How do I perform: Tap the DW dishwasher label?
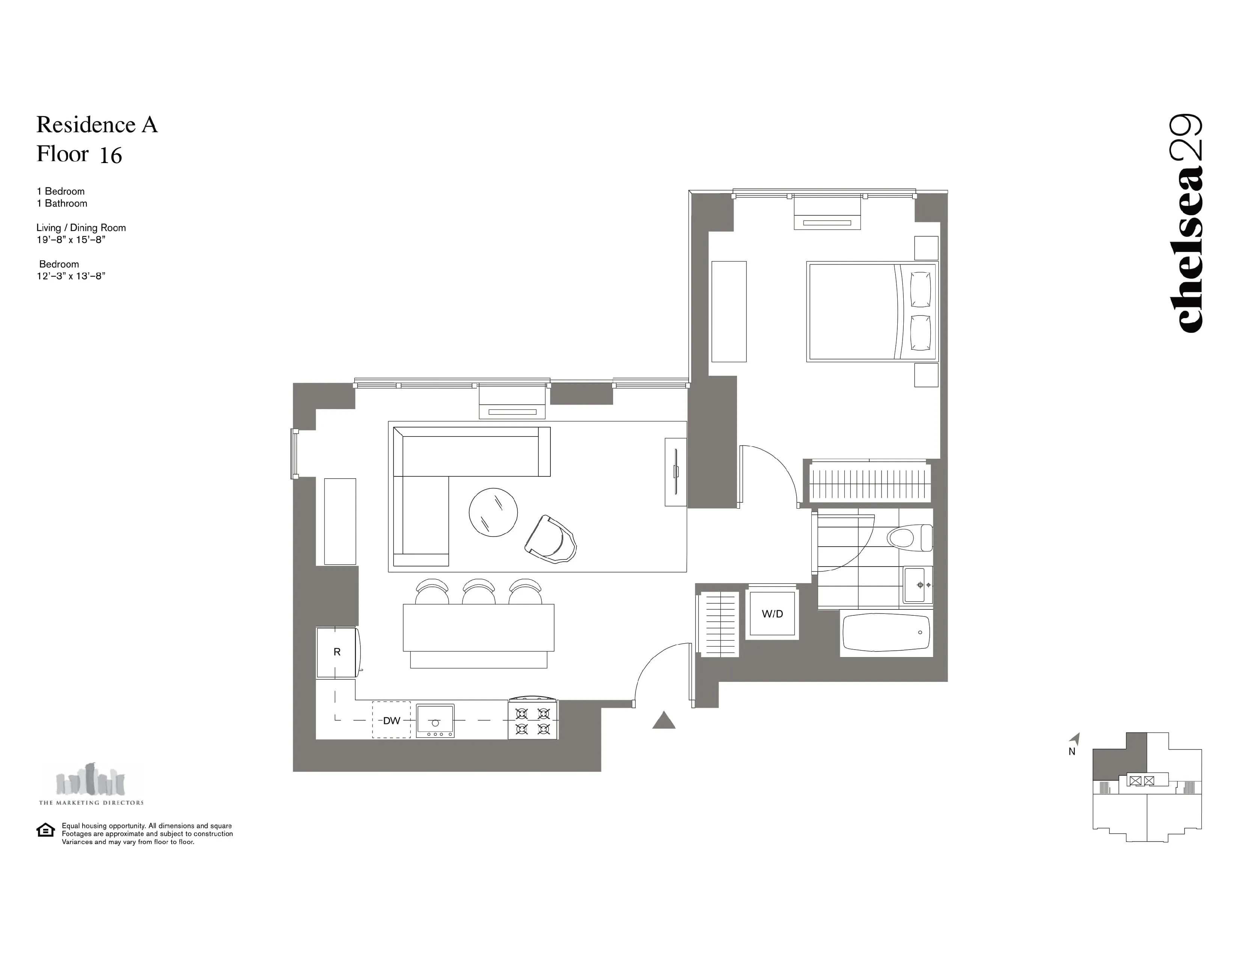[392, 721]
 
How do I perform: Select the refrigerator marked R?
[337, 652]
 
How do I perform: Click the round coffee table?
[493, 512]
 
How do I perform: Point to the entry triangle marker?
[664, 721]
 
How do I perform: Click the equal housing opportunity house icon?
[45, 830]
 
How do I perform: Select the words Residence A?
[97, 125]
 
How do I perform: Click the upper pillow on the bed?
[920, 289]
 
